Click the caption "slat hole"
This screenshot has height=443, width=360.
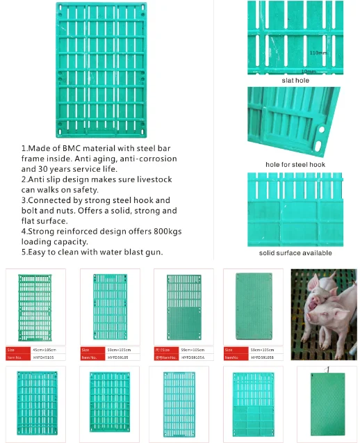295,81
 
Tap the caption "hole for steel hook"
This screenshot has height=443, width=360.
295,164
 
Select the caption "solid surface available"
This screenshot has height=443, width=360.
295,252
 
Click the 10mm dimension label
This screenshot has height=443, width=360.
309,72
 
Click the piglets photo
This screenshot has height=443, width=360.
323,314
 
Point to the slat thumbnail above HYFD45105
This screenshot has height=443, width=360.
35,306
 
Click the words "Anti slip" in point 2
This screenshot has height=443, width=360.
49,179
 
